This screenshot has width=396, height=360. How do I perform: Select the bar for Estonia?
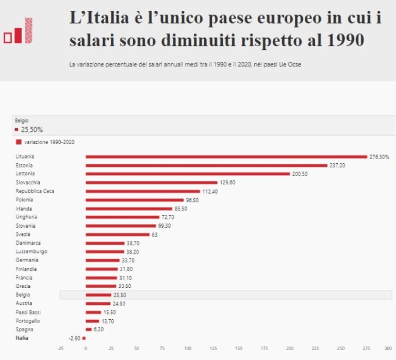tap(206, 165)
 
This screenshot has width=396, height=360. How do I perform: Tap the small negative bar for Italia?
tap(84, 338)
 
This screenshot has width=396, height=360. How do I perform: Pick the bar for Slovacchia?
tap(152, 182)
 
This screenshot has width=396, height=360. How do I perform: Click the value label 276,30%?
tap(379, 157)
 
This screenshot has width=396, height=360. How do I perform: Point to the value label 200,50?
tap(300, 174)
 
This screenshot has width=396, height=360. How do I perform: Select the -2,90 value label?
tap(74, 338)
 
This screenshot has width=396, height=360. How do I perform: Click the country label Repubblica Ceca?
tap(35, 191)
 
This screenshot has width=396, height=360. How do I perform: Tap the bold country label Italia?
tap(22, 338)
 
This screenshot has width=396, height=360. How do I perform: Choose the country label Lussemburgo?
tap(31, 252)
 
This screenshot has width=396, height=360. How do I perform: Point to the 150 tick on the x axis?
tap(238, 349)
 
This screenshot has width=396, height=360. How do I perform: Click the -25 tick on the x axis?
tap(60, 349)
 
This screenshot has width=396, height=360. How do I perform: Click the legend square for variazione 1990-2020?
tap(19, 142)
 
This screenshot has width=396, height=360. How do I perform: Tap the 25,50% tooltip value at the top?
tap(32, 130)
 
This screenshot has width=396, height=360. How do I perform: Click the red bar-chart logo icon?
tap(18, 31)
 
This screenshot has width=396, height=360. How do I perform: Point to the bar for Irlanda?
tap(129, 209)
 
